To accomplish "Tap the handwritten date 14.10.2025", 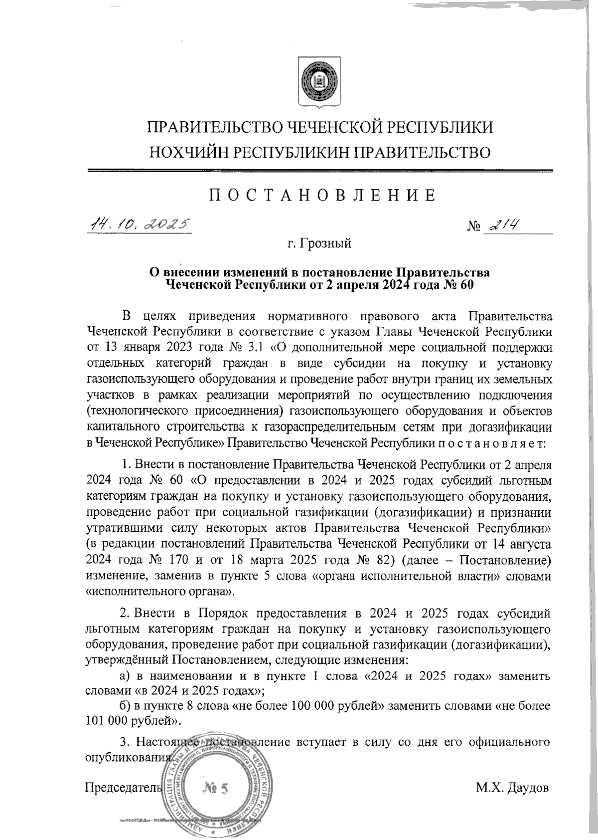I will [x=140, y=224].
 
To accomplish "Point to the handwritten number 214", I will [x=503, y=225].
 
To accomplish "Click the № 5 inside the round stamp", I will [x=215, y=788].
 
